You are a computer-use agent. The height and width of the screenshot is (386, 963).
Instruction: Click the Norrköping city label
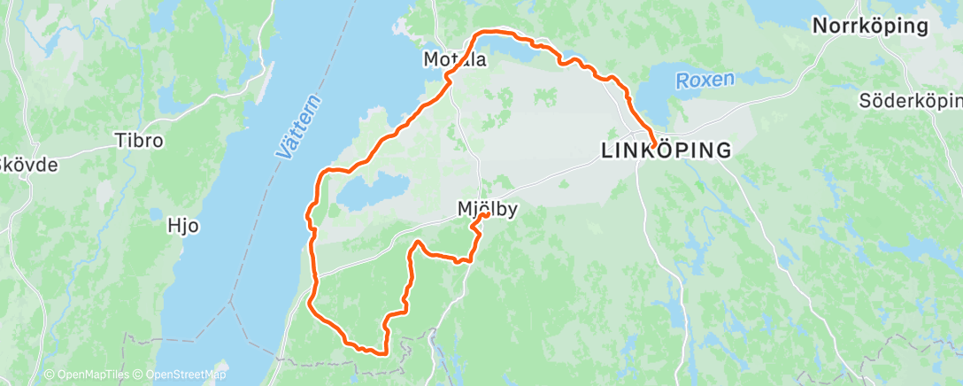[x=870, y=27]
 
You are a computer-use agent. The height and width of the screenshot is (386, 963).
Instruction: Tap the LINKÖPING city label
[x=666, y=151]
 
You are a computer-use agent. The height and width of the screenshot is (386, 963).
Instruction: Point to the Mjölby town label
[x=487, y=209]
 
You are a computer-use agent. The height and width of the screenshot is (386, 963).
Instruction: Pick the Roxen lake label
[x=705, y=80]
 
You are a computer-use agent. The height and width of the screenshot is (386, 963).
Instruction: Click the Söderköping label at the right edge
[x=910, y=101]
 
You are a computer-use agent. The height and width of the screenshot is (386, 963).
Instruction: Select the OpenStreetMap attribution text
[x=181, y=375]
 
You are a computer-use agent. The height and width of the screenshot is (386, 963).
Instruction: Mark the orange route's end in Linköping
[x=652, y=145]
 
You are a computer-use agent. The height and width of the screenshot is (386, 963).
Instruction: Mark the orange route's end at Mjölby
[x=487, y=216]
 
